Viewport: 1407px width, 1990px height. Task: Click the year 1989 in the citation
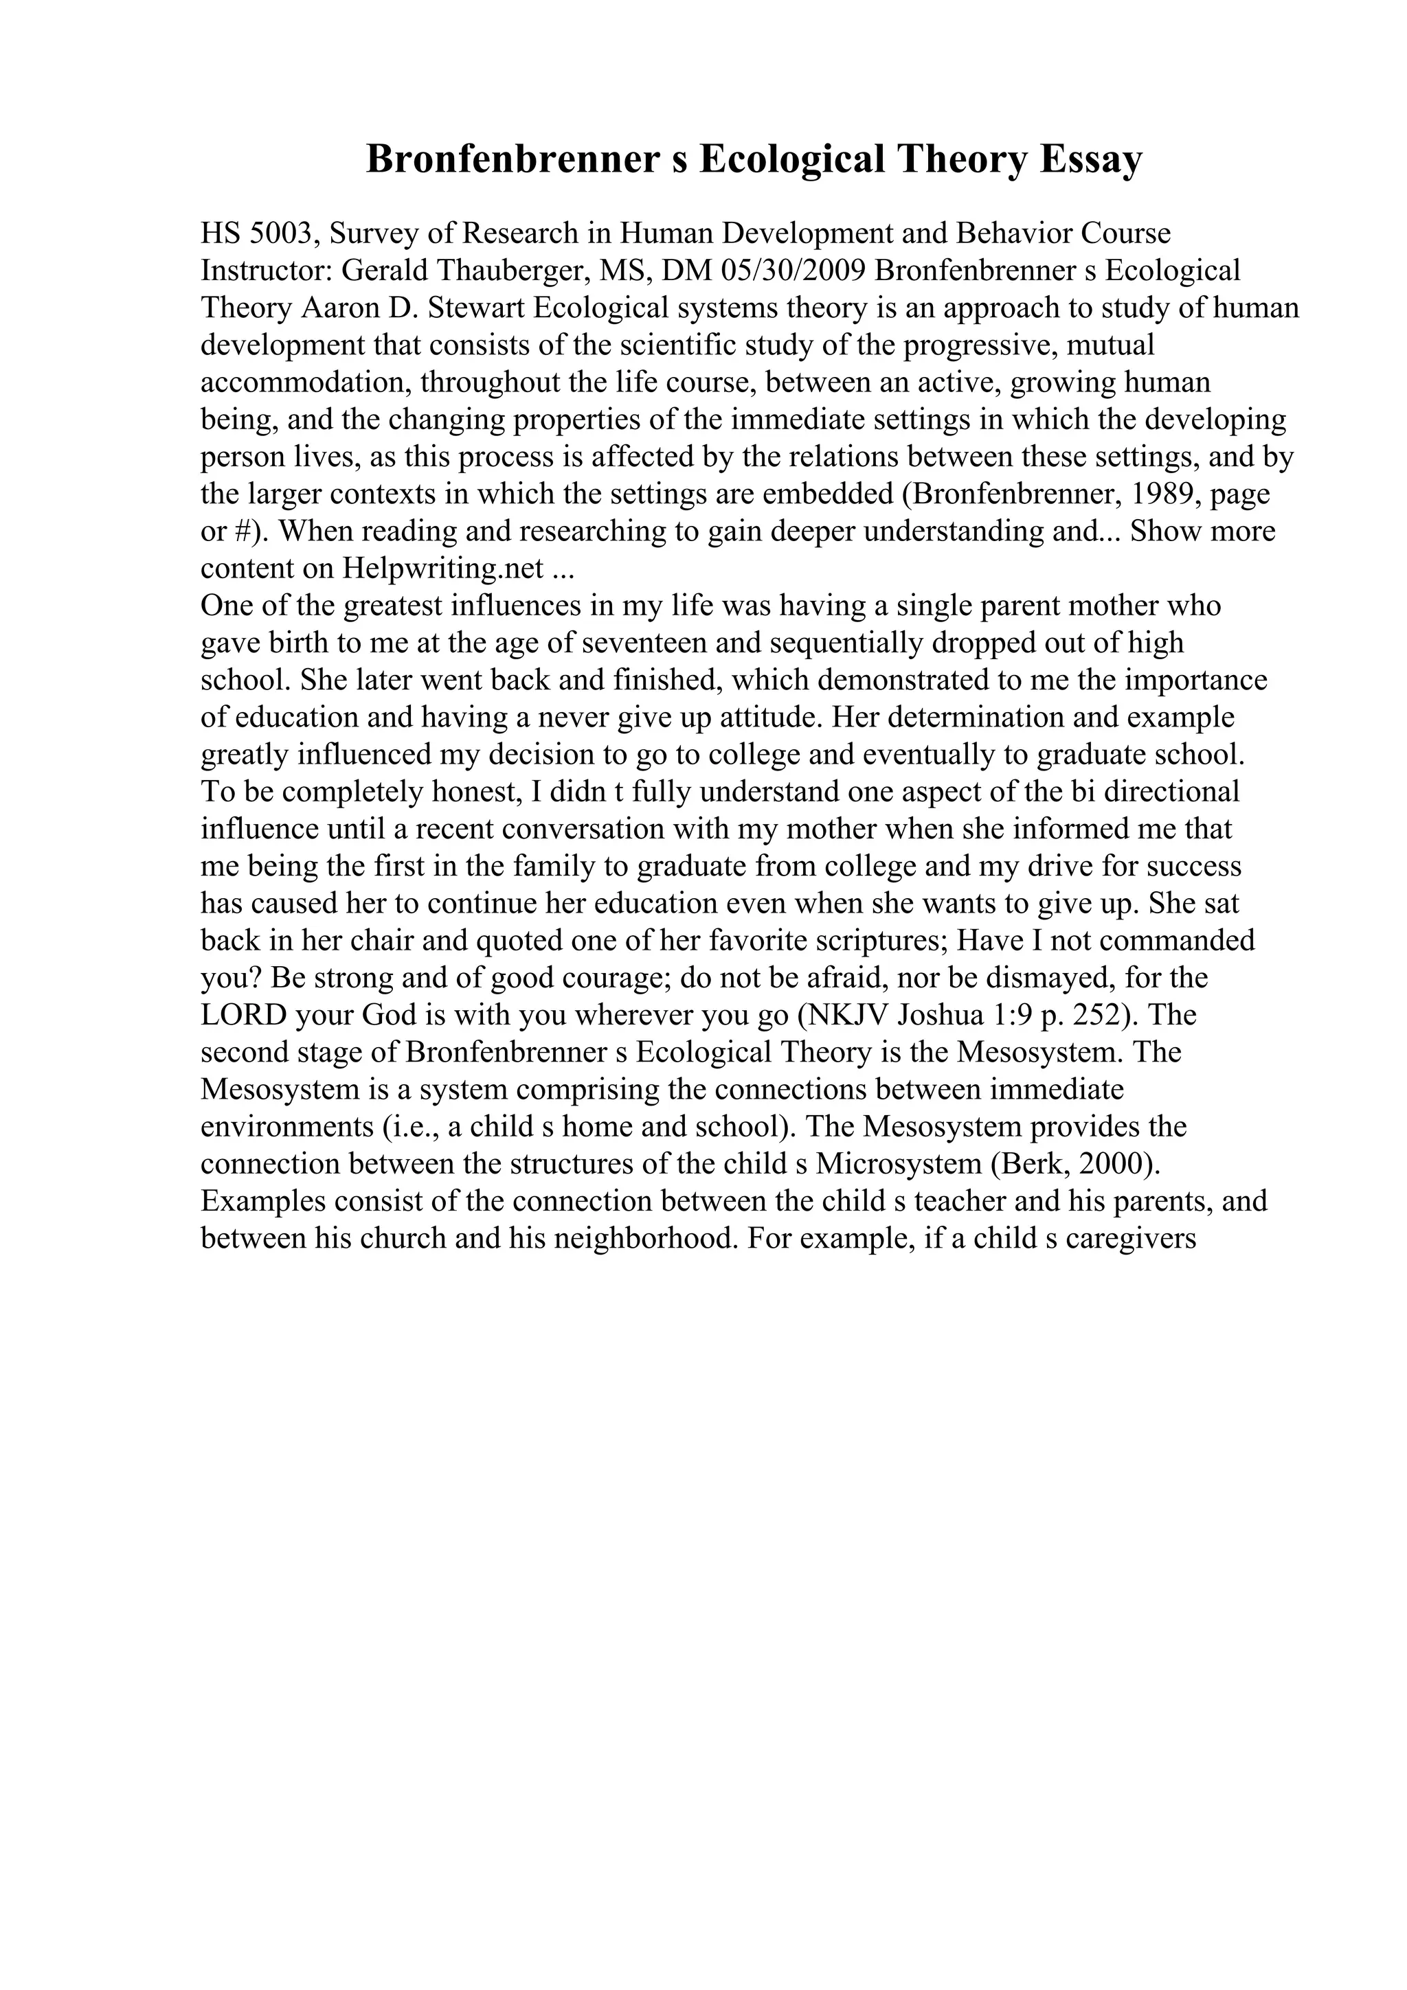1152,494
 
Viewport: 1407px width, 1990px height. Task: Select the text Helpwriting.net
443,569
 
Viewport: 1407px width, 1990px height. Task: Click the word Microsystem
903,1165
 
